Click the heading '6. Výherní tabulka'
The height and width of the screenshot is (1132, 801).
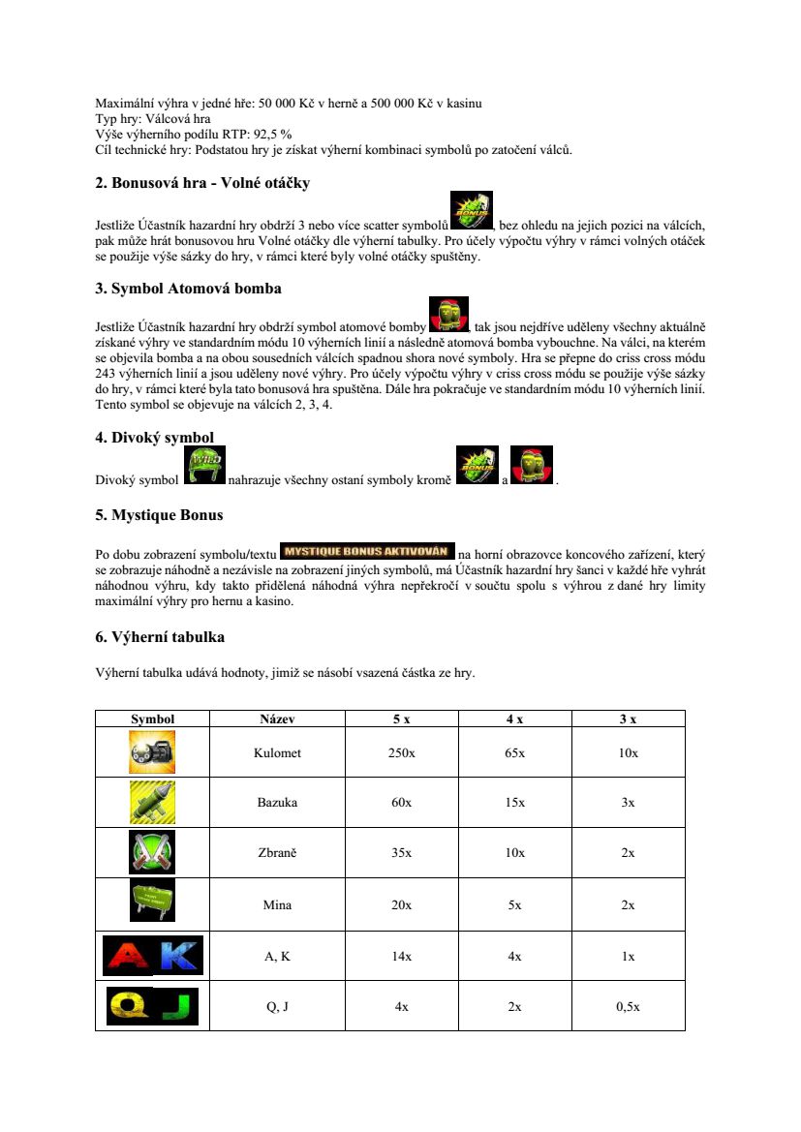pos(160,637)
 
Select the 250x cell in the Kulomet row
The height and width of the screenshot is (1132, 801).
pos(401,752)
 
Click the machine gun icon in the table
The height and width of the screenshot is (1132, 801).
pos(152,751)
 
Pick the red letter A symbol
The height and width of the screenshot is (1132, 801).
pos(127,956)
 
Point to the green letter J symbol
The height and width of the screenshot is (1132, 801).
pos(178,1006)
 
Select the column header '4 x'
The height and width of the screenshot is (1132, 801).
pos(514,719)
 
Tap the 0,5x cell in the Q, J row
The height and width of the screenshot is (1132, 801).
pos(628,1007)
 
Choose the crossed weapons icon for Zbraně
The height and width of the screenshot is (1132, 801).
pos(152,852)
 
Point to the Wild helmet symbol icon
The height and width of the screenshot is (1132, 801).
pos(205,467)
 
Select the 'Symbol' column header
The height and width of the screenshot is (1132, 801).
pos(152,719)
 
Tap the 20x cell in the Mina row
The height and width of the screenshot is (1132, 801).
pos(401,905)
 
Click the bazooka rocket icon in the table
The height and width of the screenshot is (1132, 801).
pos(152,802)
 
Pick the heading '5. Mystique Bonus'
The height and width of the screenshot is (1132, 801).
pos(159,515)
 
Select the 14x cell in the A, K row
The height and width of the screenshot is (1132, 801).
pos(401,957)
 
